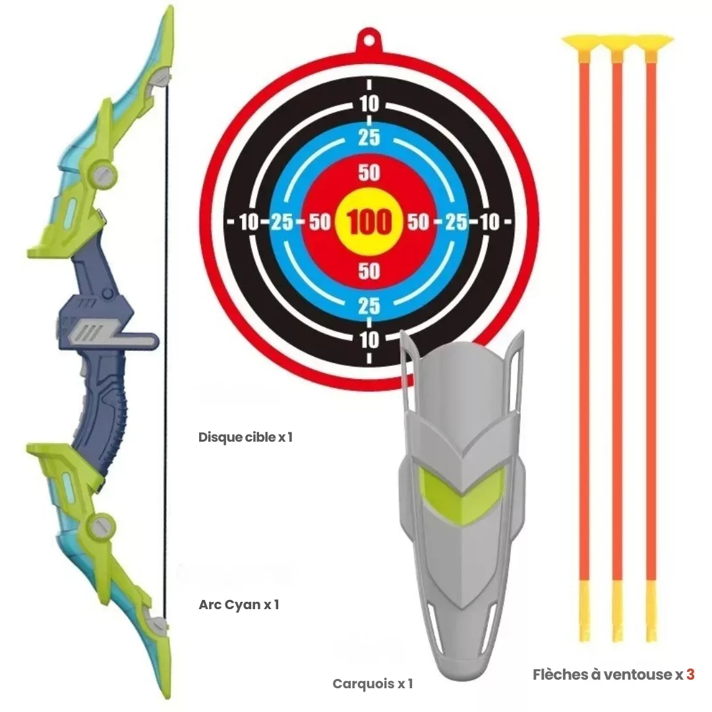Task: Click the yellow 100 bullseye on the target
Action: (x=369, y=222)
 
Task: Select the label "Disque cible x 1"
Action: (x=245, y=437)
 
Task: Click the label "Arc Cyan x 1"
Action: (x=239, y=605)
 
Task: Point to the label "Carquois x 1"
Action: (x=372, y=684)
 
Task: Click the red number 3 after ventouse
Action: (x=690, y=674)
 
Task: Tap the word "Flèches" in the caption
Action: (x=556, y=674)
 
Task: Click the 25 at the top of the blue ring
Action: (x=369, y=138)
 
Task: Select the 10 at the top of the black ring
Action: (x=369, y=104)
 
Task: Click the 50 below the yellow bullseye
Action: (x=369, y=271)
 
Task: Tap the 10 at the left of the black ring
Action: (x=249, y=222)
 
